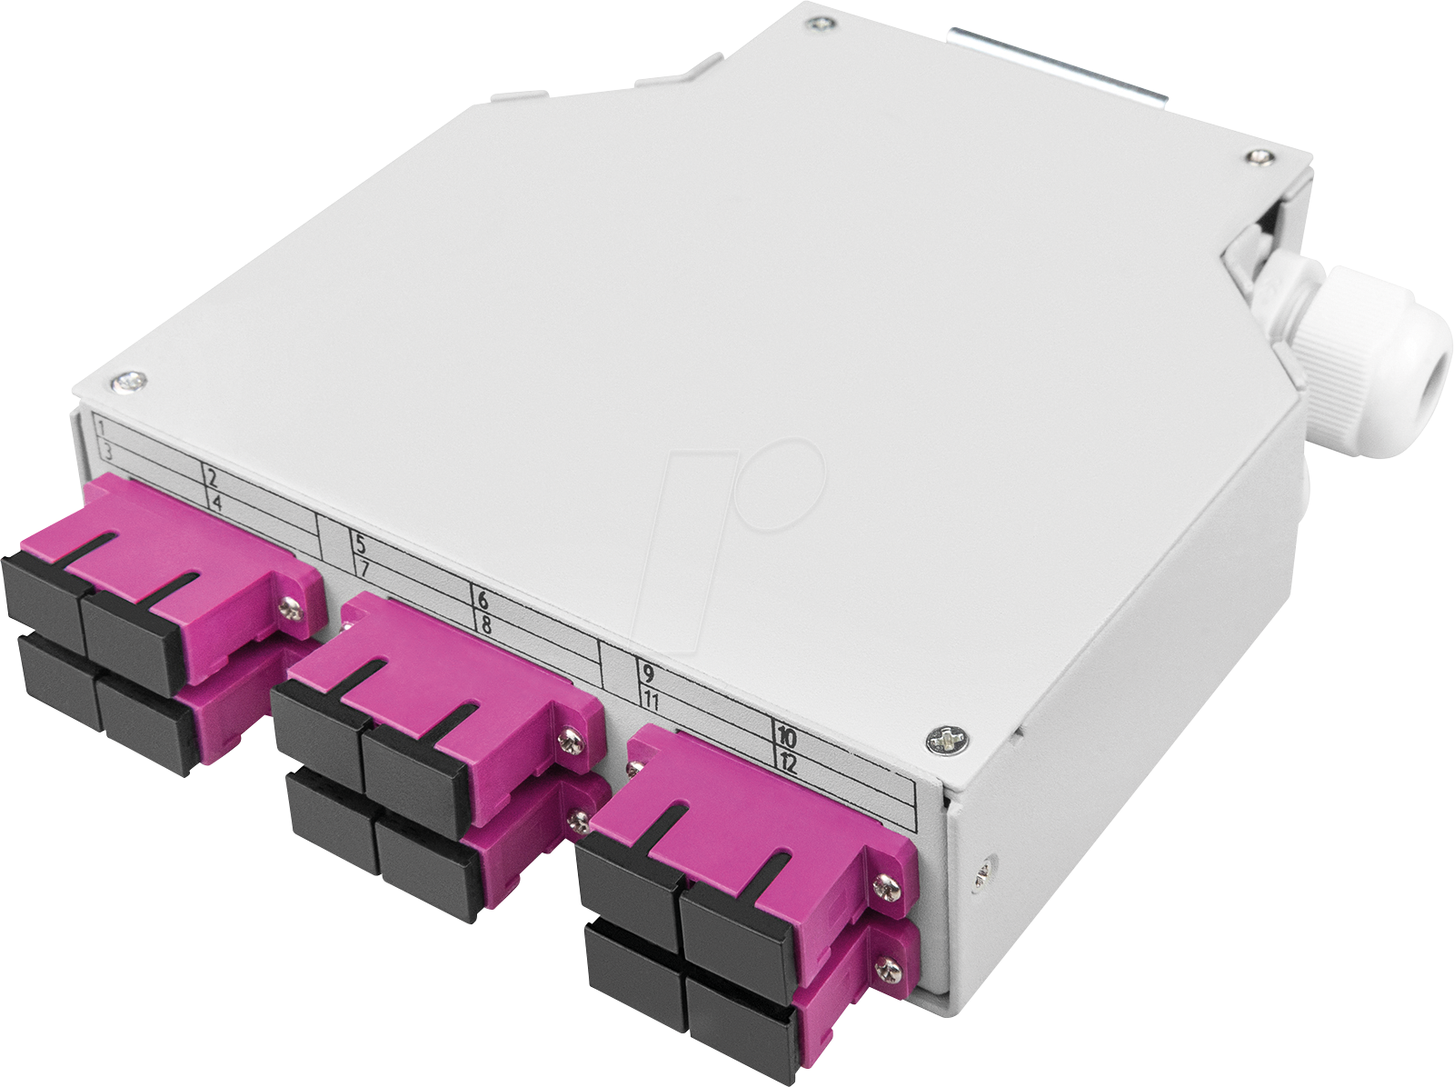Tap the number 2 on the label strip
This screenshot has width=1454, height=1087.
click(212, 478)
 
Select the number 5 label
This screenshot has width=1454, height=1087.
click(360, 545)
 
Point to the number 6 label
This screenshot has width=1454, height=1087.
click(483, 599)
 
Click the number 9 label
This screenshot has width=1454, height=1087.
click(648, 674)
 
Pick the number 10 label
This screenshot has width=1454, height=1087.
click(786, 737)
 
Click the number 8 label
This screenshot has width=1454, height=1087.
click(485, 624)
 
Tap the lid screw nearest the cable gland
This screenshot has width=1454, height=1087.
click(1258, 157)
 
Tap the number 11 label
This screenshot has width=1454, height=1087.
click(651, 701)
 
